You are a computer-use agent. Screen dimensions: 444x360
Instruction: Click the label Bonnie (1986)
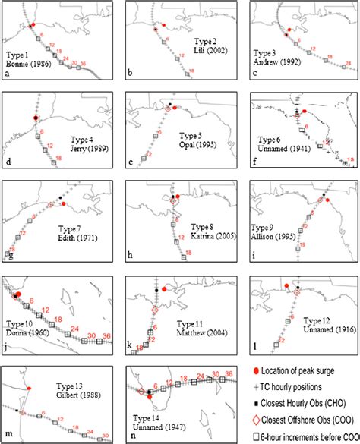pos(28,66)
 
